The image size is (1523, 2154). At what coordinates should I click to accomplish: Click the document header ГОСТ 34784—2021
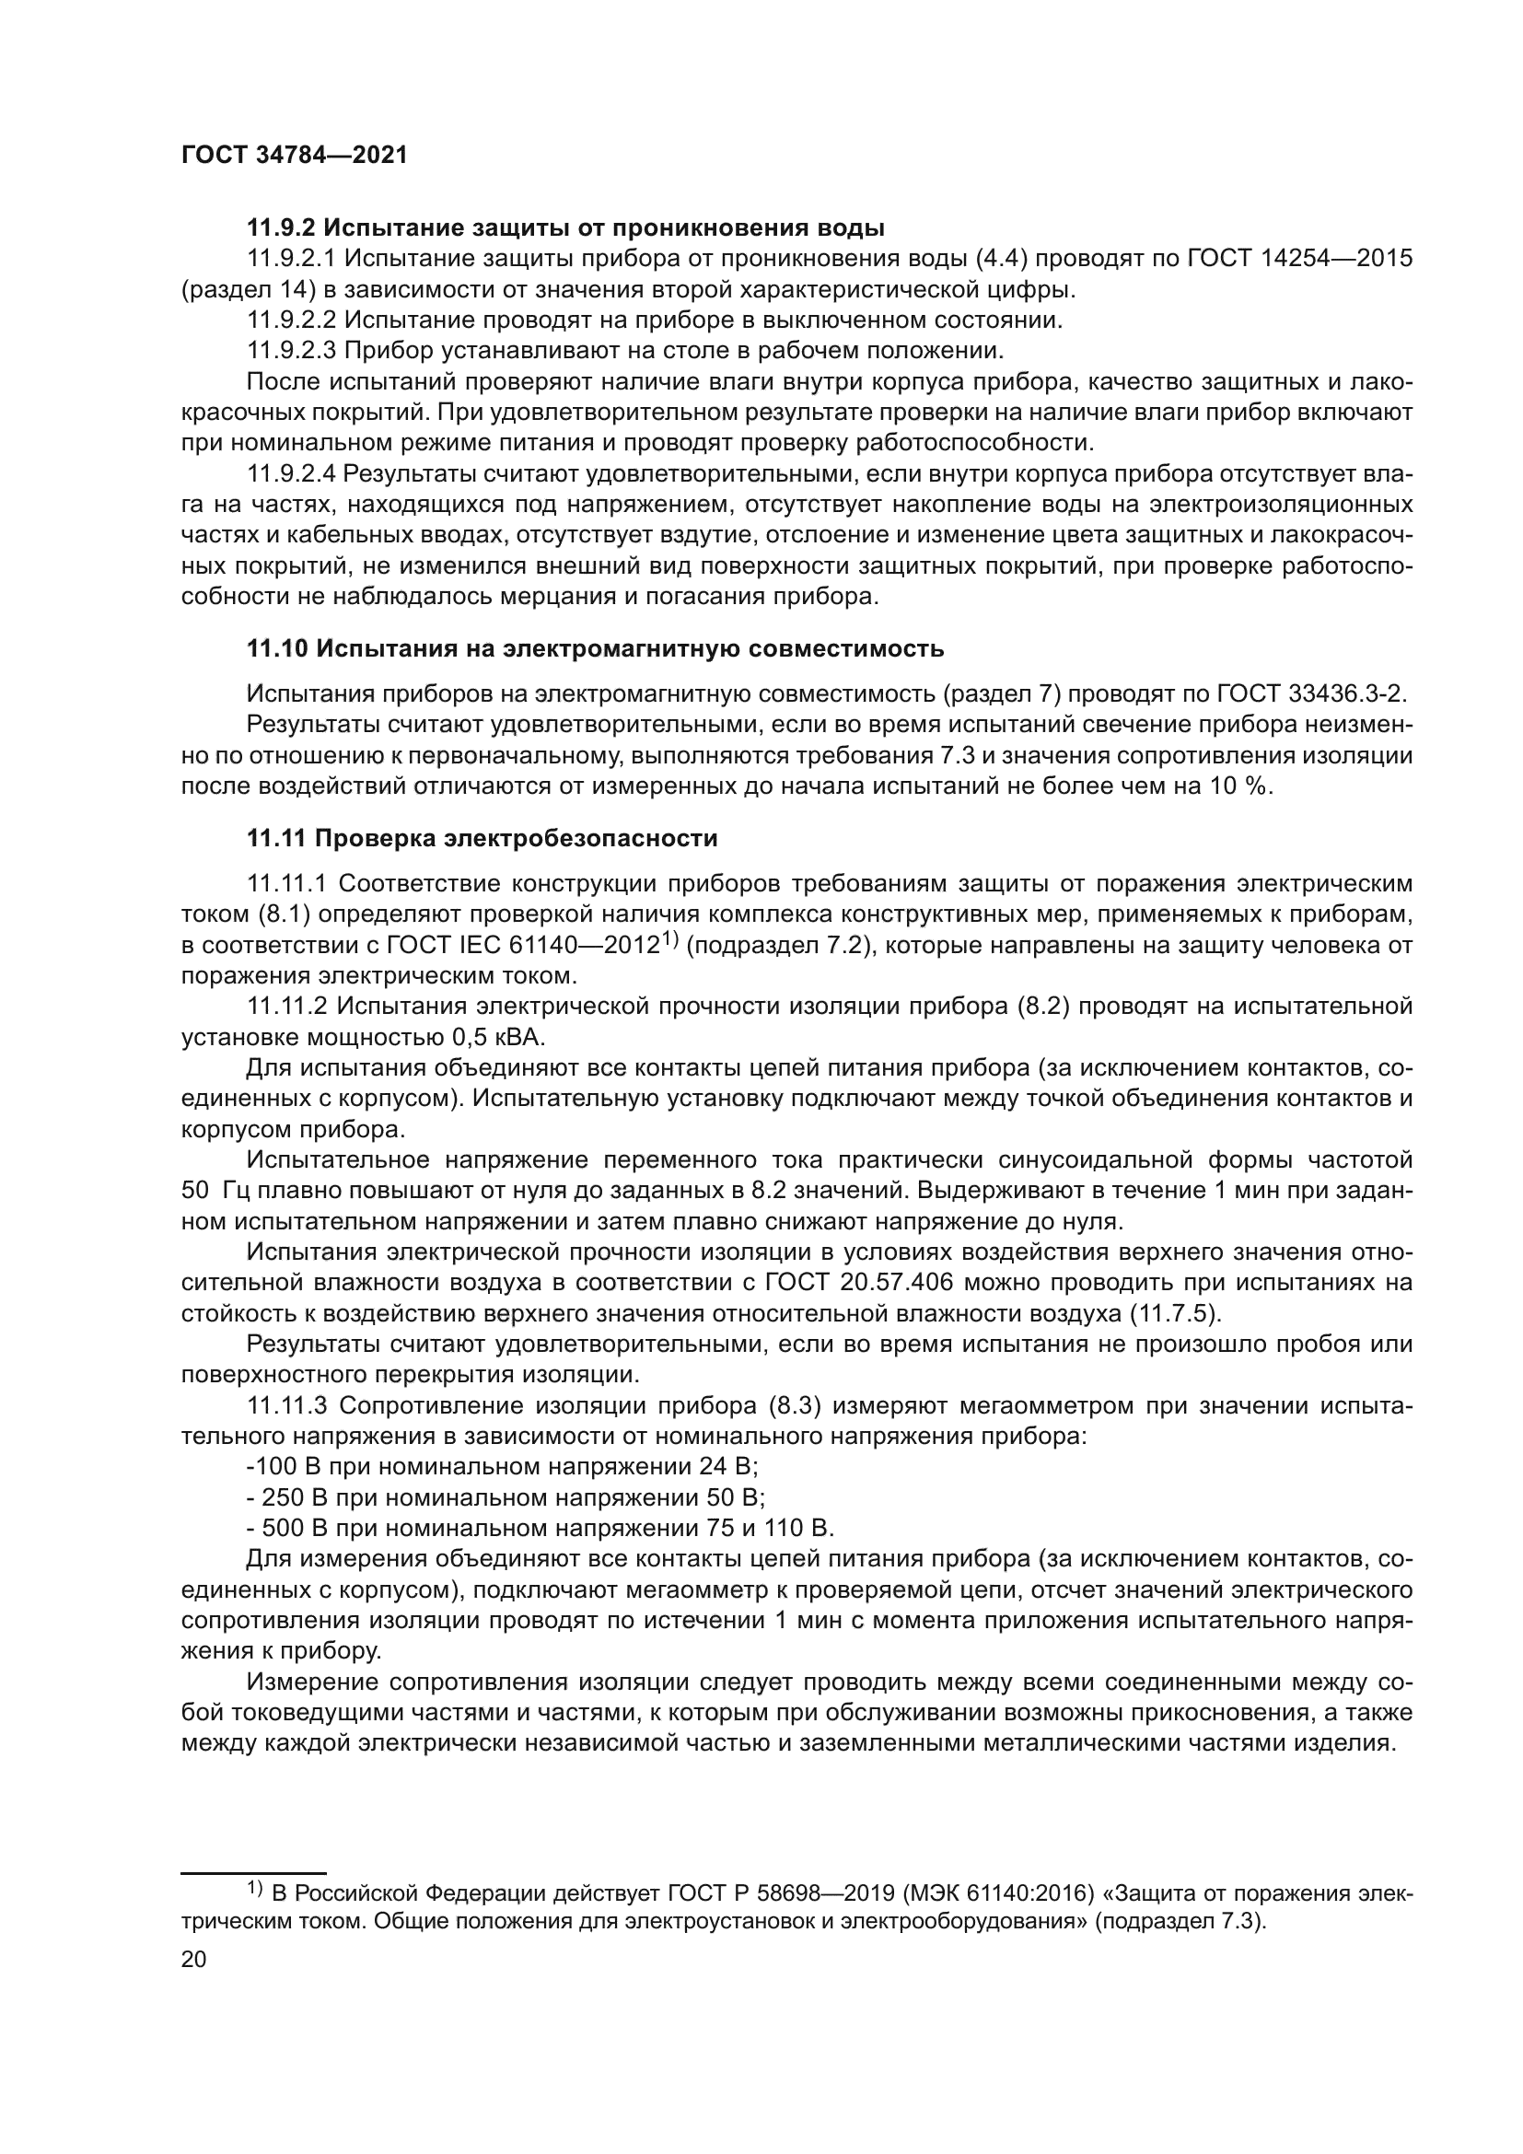tap(295, 156)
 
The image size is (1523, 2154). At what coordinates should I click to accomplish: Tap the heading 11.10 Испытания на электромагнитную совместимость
tap(595, 649)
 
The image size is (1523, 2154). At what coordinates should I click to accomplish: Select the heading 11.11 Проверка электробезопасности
tap(482, 839)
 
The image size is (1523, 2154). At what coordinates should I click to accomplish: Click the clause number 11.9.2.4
tap(292, 474)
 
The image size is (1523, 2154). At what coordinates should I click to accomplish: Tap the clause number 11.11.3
tap(285, 1405)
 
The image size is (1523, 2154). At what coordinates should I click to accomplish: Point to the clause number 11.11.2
tap(285, 1007)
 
